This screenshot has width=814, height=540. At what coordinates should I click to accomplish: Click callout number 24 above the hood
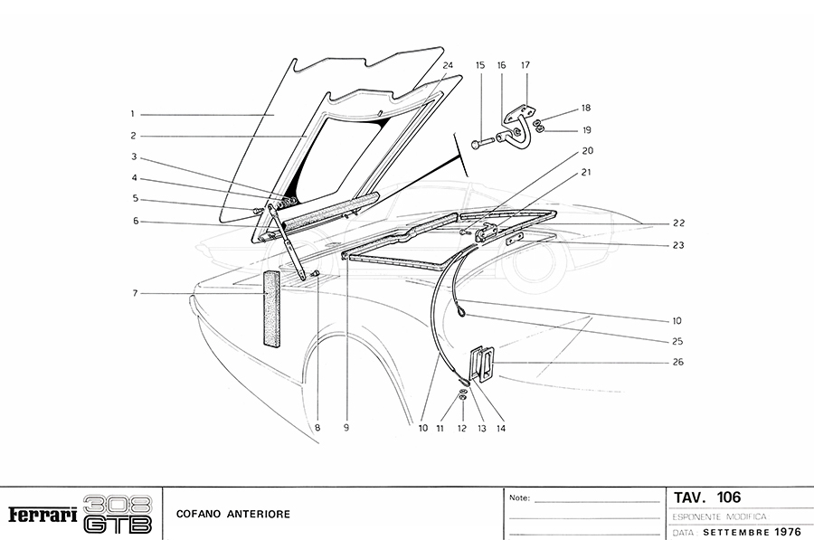(x=448, y=65)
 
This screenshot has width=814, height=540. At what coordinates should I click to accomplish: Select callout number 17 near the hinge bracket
(x=525, y=65)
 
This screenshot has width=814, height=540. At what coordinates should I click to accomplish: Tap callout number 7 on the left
(x=135, y=293)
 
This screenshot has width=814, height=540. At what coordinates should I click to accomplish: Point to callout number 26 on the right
(x=678, y=362)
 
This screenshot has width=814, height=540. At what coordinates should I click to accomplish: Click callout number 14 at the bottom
(x=501, y=429)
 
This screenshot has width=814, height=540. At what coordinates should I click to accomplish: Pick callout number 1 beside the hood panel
(x=132, y=114)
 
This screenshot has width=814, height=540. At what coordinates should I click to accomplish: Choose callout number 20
(x=587, y=150)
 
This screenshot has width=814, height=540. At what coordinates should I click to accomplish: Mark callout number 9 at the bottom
(x=346, y=429)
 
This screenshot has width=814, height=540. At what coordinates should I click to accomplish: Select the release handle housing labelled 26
(x=481, y=365)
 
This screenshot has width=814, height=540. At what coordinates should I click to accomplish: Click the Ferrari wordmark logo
(x=42, y=515)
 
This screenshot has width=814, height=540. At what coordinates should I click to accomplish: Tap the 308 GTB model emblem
(x=118, y=515)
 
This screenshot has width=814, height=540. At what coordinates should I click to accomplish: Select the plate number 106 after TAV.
(x=729, y=497)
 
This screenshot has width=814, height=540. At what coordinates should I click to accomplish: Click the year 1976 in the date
(x=788, y=532)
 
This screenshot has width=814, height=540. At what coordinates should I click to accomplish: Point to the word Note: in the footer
(x=520, y=498)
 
